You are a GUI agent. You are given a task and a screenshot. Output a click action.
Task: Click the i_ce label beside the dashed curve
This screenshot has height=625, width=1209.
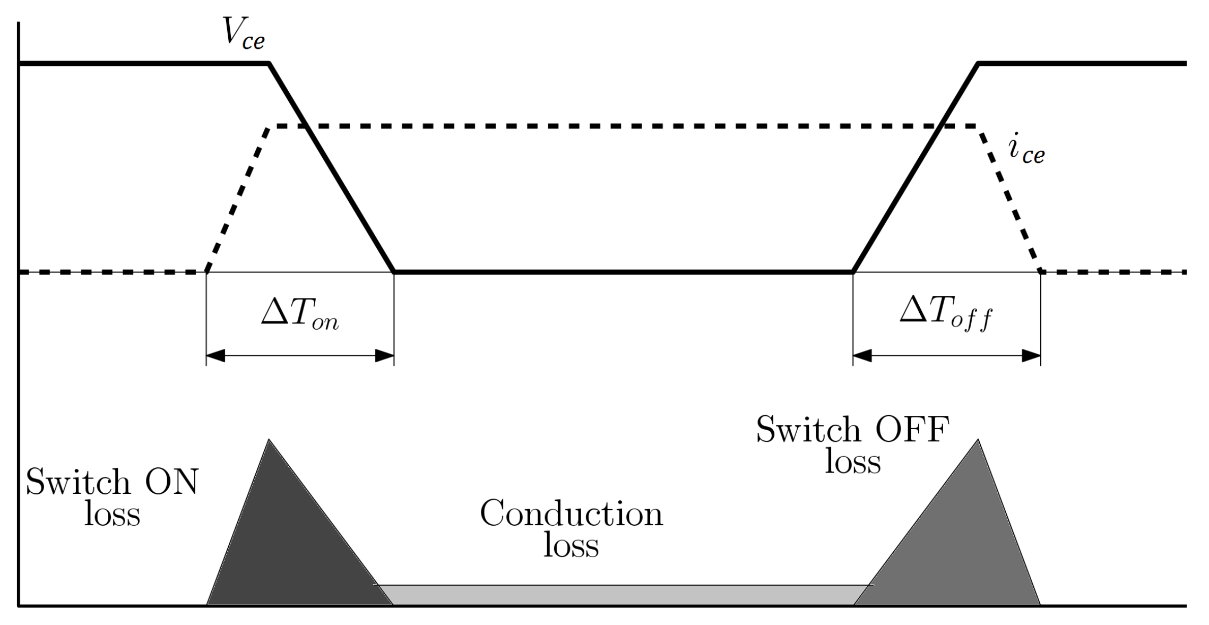1026,151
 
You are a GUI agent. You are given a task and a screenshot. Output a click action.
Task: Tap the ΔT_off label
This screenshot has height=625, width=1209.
945,315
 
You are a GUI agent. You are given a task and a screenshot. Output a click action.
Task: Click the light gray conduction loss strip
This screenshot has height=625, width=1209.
621,595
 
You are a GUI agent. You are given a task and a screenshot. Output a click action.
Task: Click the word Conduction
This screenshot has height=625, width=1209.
571,514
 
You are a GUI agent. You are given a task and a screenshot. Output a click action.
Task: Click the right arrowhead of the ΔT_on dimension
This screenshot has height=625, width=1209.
384,356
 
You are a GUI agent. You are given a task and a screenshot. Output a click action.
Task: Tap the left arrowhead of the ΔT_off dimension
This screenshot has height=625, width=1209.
862,356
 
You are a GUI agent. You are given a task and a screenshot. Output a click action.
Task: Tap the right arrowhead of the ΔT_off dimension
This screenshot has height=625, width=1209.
1031,356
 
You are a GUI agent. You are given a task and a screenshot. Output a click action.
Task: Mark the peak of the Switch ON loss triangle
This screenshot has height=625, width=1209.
269,440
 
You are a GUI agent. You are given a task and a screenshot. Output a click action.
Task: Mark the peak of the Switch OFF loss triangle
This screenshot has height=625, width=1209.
978,440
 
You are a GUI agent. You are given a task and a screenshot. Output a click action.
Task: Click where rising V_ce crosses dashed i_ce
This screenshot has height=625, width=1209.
940,126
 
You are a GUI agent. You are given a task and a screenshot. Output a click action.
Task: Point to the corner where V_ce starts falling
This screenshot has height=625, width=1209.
269,64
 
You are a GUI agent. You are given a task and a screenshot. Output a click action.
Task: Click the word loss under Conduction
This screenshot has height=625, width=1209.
571,546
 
